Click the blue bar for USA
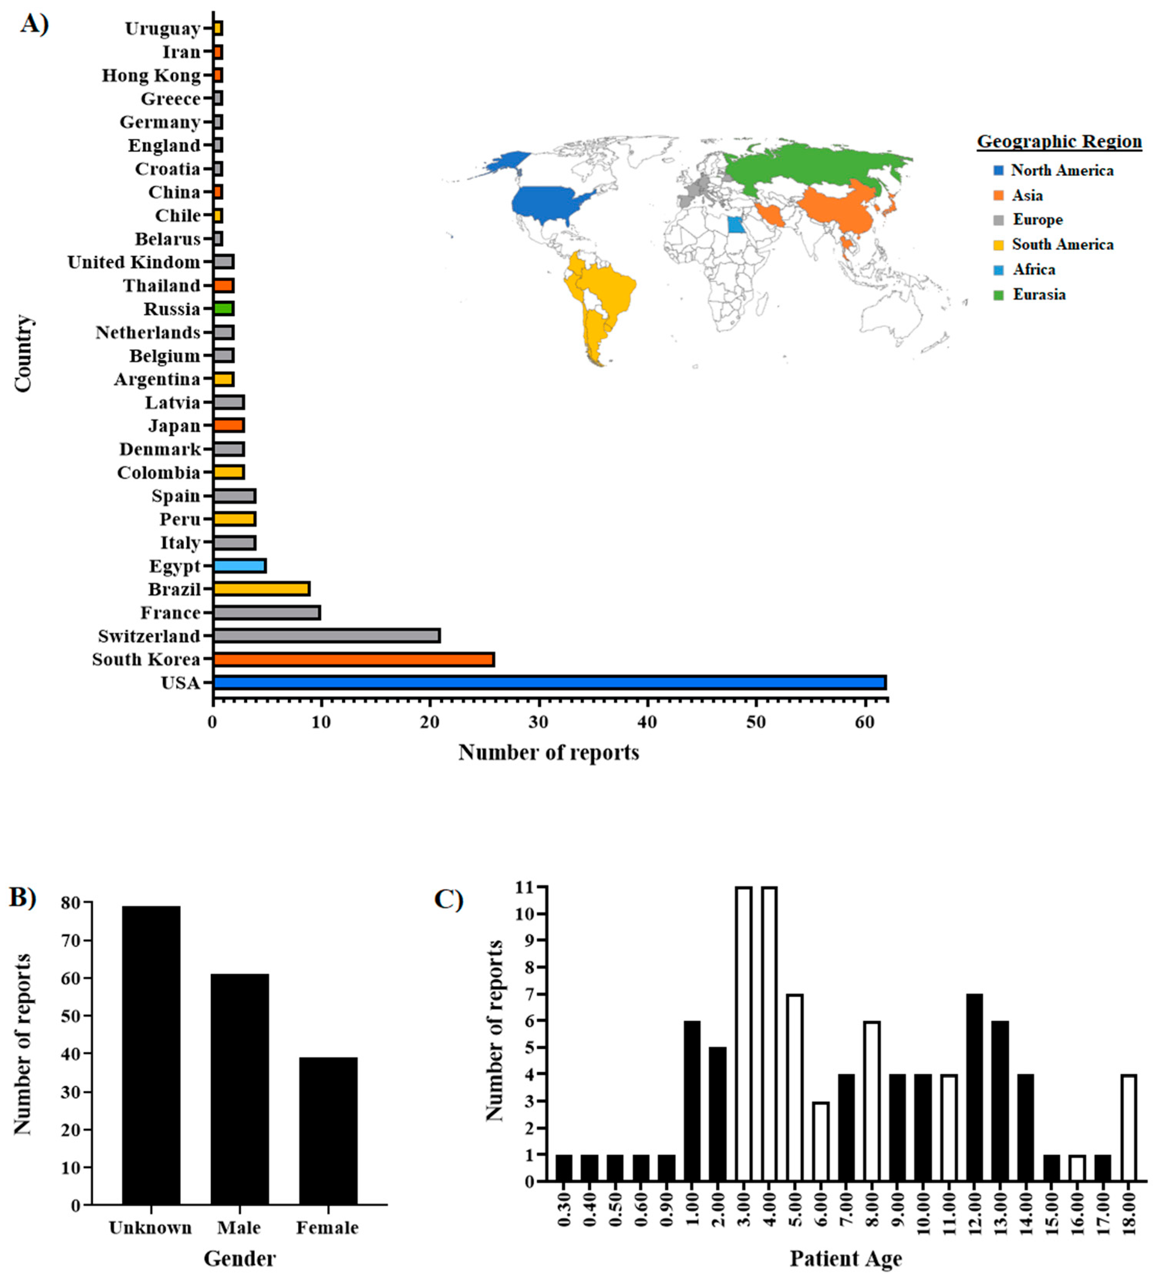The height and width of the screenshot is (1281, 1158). point(549,683)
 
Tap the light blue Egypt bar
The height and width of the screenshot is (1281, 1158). point(239,566)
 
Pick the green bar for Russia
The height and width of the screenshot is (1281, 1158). point(224,309)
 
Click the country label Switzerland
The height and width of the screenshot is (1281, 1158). point(149,636)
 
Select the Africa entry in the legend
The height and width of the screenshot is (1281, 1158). point(1033,270)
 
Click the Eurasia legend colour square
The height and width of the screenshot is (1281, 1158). point(998,295)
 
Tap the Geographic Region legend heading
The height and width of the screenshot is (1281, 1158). point(1059,141)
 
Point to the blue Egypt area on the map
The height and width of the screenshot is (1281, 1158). point(736,225)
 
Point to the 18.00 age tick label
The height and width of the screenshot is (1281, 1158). point(1128,1213)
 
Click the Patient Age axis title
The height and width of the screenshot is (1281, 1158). point(845,1258)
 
